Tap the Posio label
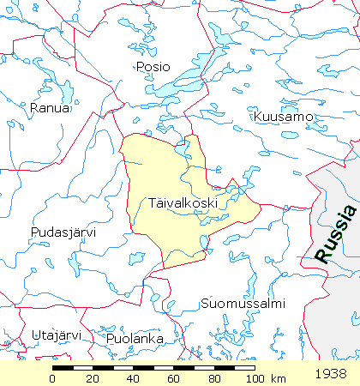[153, 66]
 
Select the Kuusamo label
[284, 116]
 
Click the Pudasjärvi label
[63, 232]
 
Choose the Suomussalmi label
[242, 304]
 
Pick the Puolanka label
[135, 339]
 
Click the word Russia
[335, 233]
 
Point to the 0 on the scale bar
[53, 378]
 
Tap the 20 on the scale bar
[93, 378]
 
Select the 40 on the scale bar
[133, 378]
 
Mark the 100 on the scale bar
[253, 378]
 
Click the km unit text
[278, 378]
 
